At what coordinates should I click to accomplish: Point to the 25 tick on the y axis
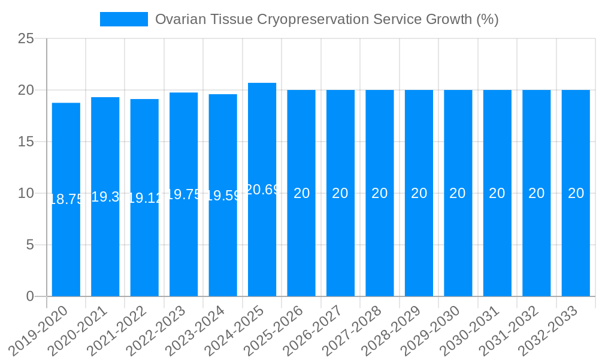[26, 39]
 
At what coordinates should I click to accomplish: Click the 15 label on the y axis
[26, 142]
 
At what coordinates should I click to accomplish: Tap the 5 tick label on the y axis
[30, 245]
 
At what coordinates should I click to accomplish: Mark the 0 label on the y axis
[30, 296]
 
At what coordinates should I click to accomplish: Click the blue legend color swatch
[124, 19]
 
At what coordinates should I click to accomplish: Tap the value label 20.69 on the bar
[262, 190]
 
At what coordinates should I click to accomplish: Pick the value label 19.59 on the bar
[223, 196]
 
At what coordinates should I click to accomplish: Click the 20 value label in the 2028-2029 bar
[419, 193]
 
